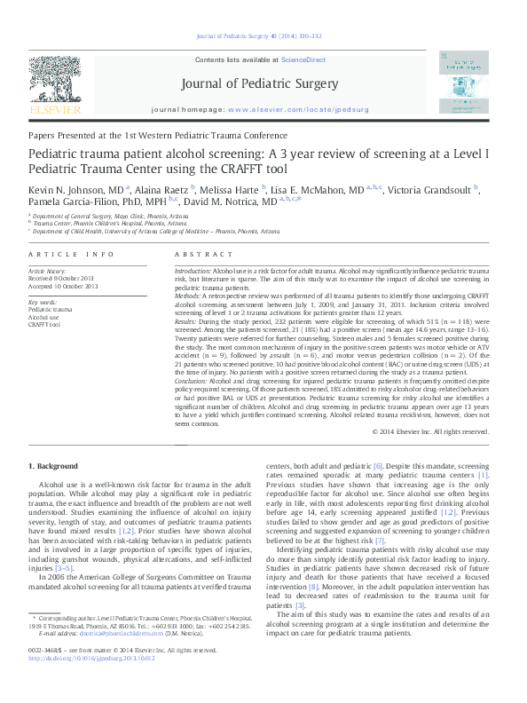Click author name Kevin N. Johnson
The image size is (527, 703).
[x=63, y=190]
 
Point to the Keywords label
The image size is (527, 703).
[x=43, y=303]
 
